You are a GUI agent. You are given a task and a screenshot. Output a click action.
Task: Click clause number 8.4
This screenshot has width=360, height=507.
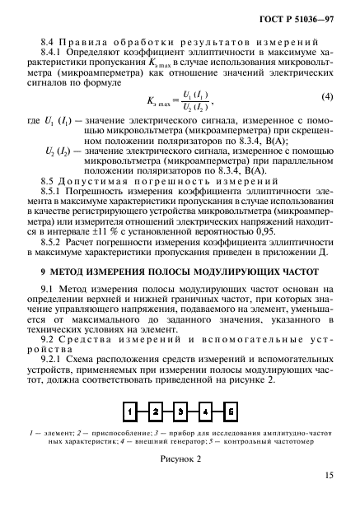48,40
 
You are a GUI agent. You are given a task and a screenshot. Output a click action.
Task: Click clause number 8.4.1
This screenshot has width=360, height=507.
51,51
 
